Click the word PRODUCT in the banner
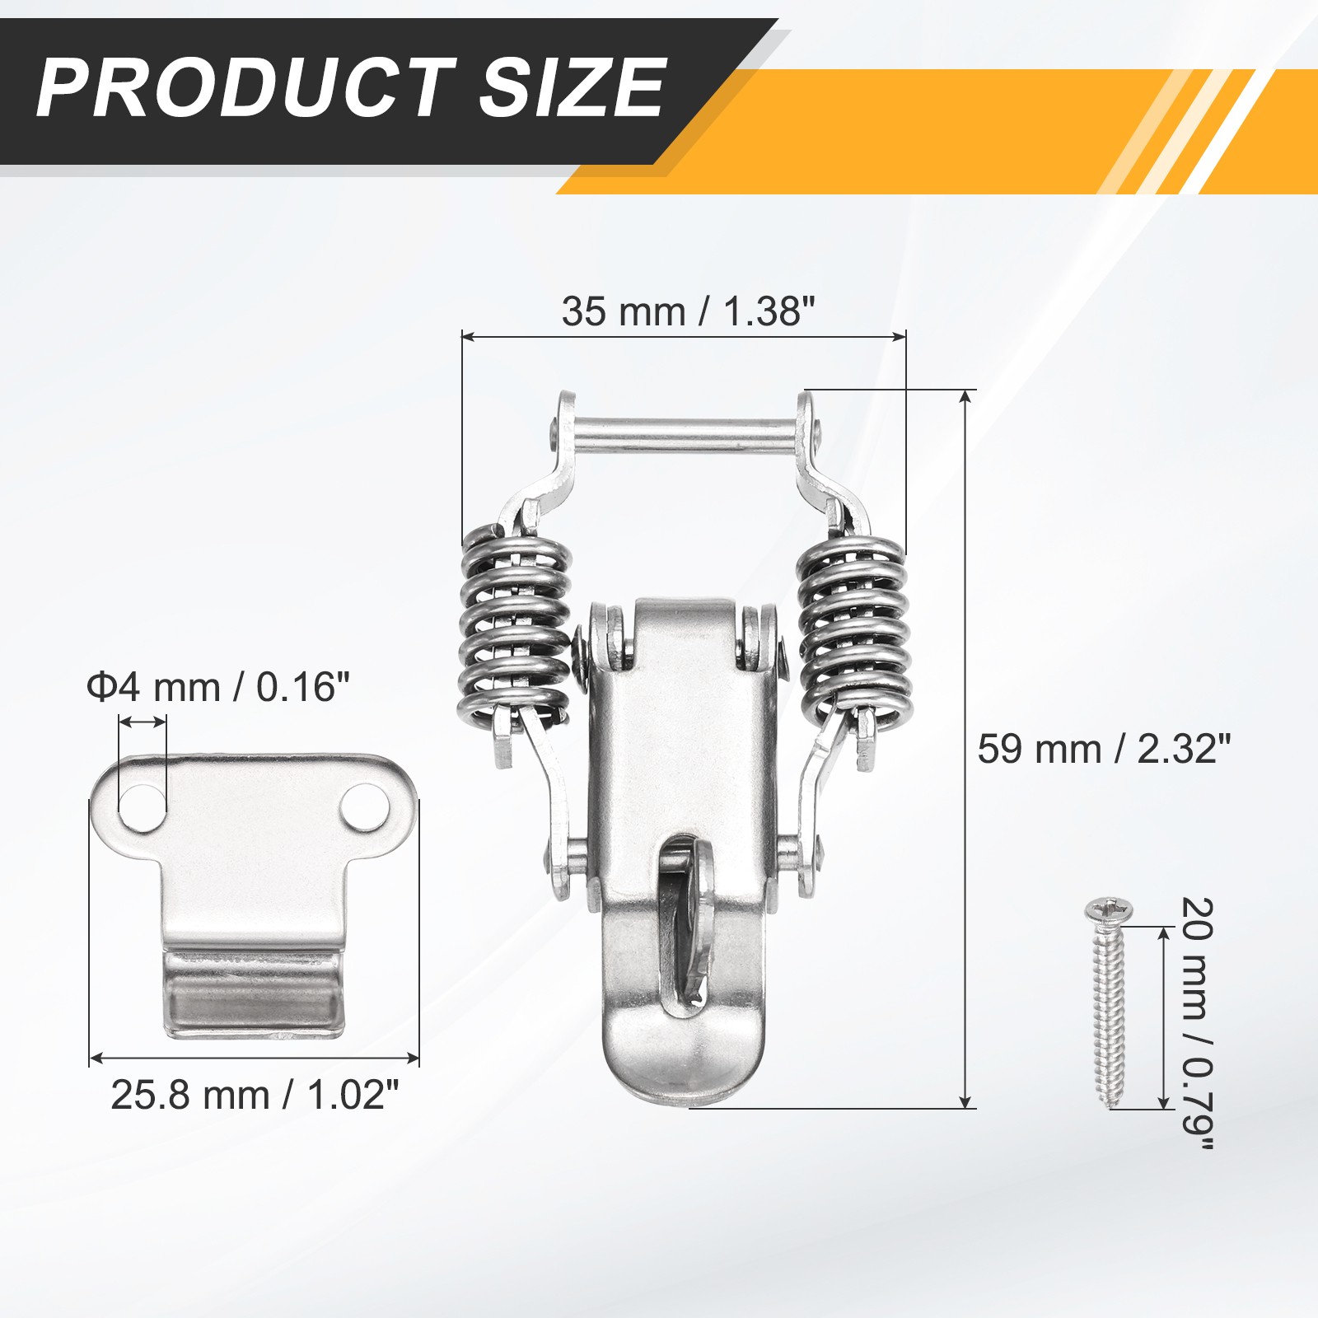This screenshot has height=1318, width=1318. click(x=245, y=87)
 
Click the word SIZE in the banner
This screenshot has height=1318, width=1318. click(x=573, y=87)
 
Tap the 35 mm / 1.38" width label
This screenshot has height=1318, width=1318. click(x=689, y=312)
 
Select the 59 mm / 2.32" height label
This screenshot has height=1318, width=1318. click(x=1104, y=750)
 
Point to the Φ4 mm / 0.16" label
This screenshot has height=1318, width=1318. click(x=218, y=687)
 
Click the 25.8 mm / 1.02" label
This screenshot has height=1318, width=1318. click(x=255, y=1096)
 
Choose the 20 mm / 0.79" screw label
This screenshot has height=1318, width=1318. click(x=1197, y=1023)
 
